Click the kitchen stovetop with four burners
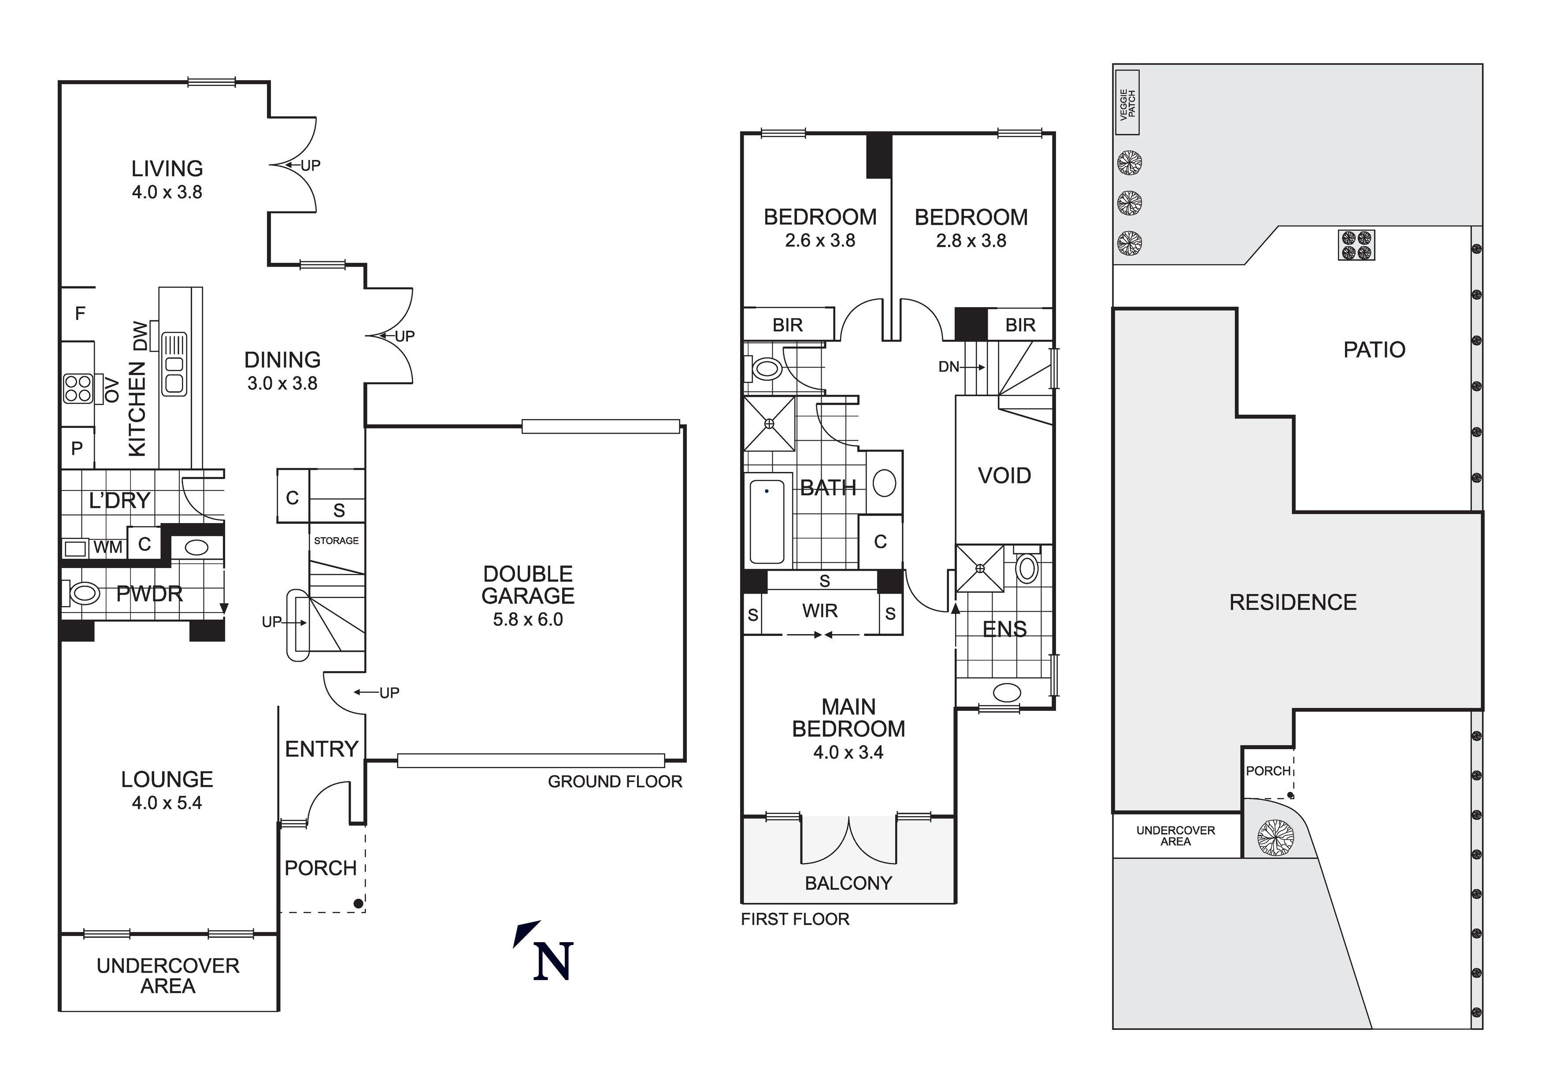78,389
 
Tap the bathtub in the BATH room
767,521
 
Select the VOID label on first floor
1004,476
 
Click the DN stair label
949,367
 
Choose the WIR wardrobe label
819,611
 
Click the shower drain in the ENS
980,568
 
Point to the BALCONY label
848,883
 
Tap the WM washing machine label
107,547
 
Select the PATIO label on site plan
1374,350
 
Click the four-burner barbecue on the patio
1356,245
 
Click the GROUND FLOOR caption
615,782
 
